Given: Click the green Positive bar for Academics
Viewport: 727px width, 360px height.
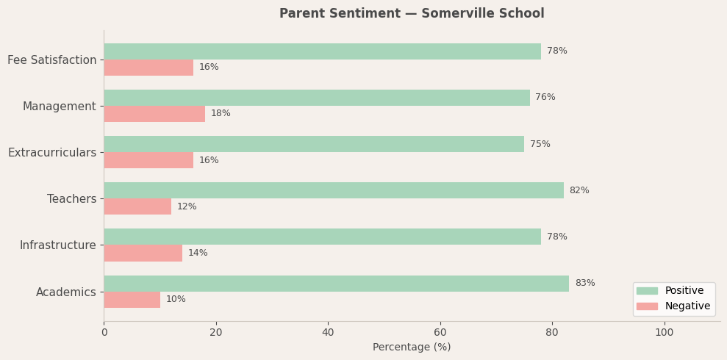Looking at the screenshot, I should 336,284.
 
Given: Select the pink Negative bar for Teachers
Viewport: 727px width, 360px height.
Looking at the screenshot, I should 137,206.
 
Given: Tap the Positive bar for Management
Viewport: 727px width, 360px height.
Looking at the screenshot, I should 317,98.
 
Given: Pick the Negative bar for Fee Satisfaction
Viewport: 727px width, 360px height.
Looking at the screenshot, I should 148,68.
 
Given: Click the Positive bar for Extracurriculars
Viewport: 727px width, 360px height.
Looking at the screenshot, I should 314,144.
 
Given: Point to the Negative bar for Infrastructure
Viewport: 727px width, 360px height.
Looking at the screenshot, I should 143,253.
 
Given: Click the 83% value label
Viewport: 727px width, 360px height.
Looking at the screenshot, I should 585,284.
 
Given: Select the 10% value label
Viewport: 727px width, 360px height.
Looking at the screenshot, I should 176,300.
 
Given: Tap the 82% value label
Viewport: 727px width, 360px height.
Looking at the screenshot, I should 579,191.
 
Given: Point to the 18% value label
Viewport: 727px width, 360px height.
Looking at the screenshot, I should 221,114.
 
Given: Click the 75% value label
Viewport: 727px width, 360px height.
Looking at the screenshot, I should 540,145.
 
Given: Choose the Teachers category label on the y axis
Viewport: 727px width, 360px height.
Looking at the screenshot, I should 71,199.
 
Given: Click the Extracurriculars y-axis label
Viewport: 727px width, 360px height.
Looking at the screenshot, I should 52,153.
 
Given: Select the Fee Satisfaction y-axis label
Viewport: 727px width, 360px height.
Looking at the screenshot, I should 51,60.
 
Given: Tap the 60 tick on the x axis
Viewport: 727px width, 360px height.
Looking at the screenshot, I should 440,332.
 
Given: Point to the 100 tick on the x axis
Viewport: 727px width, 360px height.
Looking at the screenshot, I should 665,332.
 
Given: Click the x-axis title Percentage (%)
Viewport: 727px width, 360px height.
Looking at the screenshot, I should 412,348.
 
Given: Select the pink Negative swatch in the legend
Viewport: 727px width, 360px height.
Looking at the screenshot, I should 647,306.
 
